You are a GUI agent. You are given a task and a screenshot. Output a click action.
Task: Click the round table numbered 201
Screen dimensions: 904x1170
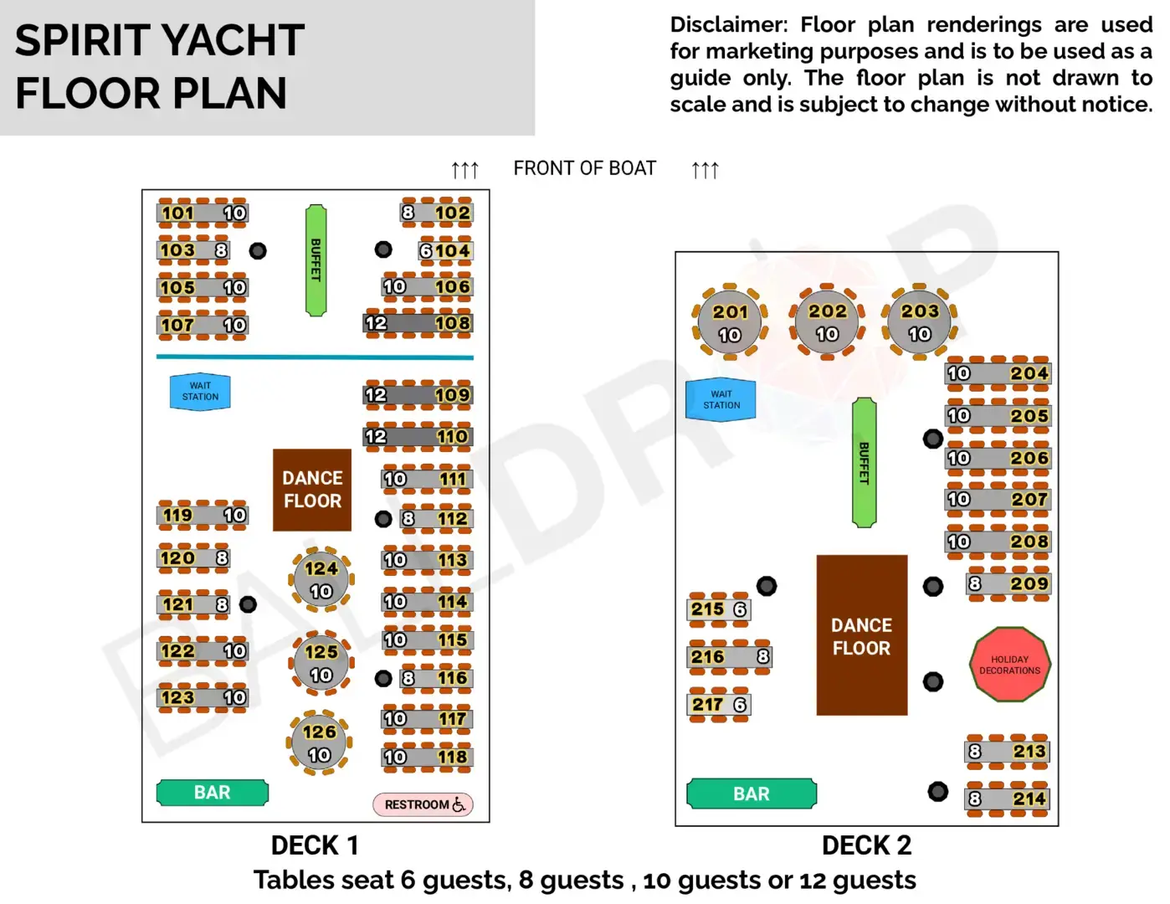pos(730,322)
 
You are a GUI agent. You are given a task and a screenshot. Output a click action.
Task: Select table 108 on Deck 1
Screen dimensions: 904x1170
pos(418,323)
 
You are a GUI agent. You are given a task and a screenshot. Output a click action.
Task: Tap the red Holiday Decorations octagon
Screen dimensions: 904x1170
pos(1009,665)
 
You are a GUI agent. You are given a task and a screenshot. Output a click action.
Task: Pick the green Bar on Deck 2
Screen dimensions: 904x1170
pos(751,794)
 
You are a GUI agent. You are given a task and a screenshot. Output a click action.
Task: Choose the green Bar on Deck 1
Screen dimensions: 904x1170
pos(213,792)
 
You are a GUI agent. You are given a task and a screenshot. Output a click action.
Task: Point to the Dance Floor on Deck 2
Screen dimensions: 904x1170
pos(861,635)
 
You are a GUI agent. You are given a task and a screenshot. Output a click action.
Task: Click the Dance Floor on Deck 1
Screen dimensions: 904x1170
pos(312,490)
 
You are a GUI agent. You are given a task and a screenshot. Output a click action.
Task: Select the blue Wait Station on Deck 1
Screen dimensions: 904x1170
pos(200,392)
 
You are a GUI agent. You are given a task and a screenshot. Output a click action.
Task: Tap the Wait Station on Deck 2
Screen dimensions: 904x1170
pos(721,399)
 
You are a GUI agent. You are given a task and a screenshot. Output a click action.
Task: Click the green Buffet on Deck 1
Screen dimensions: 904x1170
pos(316,260)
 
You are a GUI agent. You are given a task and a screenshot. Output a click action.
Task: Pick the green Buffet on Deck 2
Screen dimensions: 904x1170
pos(864,462)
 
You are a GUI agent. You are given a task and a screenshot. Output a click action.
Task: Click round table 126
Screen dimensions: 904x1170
pos(320,742)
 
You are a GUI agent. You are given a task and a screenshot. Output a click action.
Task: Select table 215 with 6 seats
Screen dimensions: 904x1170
pos(718,609)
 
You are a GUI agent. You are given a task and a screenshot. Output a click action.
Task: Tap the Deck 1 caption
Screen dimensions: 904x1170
pos(315,845)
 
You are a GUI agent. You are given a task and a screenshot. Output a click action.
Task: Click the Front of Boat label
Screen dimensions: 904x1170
pos(584,168)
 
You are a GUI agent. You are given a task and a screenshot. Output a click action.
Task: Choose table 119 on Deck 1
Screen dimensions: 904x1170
pos(203,515)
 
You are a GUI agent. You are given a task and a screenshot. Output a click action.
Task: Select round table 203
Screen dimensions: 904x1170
pos(919,322)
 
